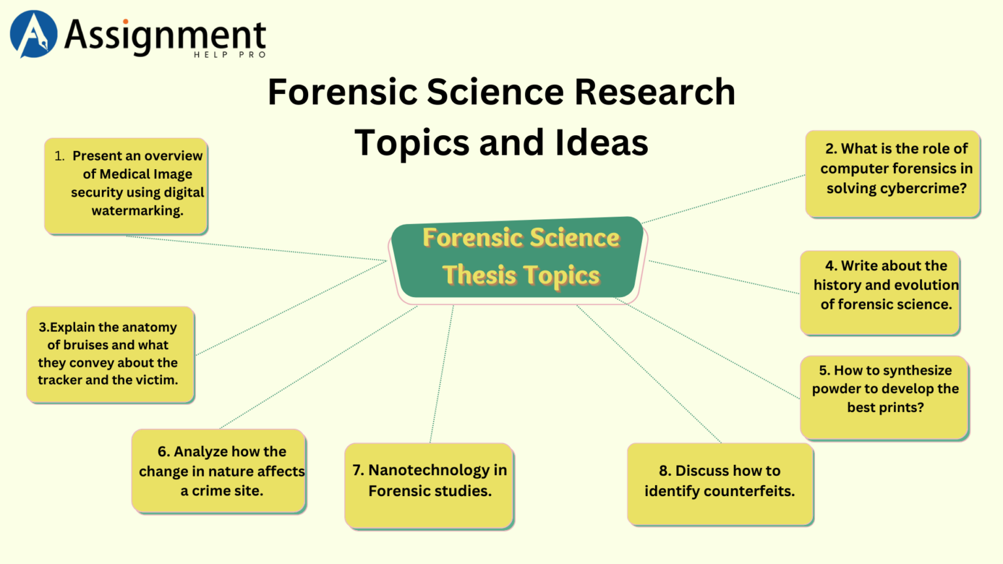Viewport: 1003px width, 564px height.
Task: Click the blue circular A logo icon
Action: point(33,34)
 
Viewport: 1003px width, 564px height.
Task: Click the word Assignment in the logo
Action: point(165,35)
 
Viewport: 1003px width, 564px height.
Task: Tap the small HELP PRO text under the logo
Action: point(230,55)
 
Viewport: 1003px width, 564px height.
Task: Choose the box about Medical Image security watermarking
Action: point(126,185)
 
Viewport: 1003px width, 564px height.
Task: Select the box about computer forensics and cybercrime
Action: point(893,174)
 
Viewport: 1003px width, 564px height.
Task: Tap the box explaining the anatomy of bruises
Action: point(110,354)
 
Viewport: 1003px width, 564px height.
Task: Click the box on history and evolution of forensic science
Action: point(880,292)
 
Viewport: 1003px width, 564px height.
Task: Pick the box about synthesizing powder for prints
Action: point(884,397)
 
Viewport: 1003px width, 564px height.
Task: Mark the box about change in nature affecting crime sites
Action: point(219,471)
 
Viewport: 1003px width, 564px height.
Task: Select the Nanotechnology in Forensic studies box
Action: point(429,485)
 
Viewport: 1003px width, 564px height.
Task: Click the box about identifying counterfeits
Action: point(720,484)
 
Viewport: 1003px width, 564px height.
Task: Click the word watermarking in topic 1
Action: point(137,211)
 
